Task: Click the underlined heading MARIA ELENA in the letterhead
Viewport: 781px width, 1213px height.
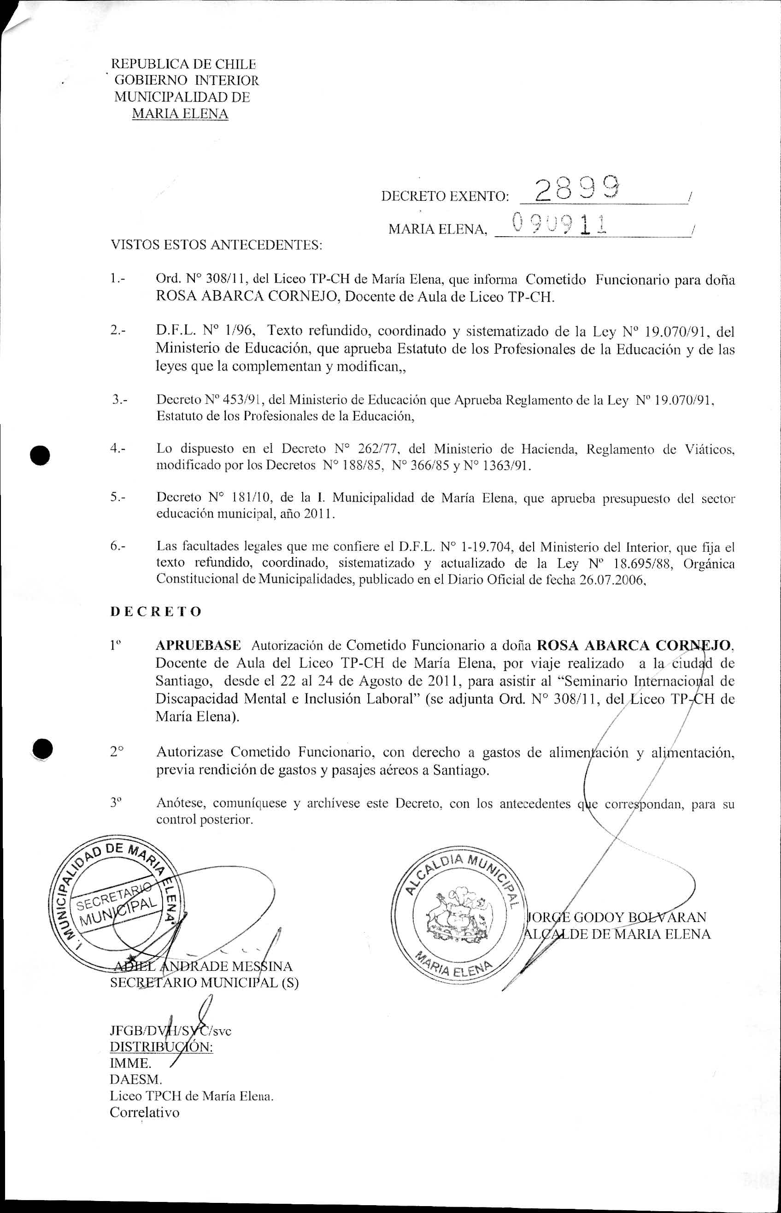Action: (x=180, y=114)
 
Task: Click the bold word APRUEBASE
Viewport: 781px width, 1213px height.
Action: (x=198, y=645)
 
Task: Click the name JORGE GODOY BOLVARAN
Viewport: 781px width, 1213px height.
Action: (x=617, y=916)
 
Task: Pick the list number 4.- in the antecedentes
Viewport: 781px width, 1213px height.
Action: (x=119, y=448)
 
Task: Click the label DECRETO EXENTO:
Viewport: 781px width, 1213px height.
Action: (x=445, y=196)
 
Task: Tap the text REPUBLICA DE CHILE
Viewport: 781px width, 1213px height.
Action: (x=183, y=64)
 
